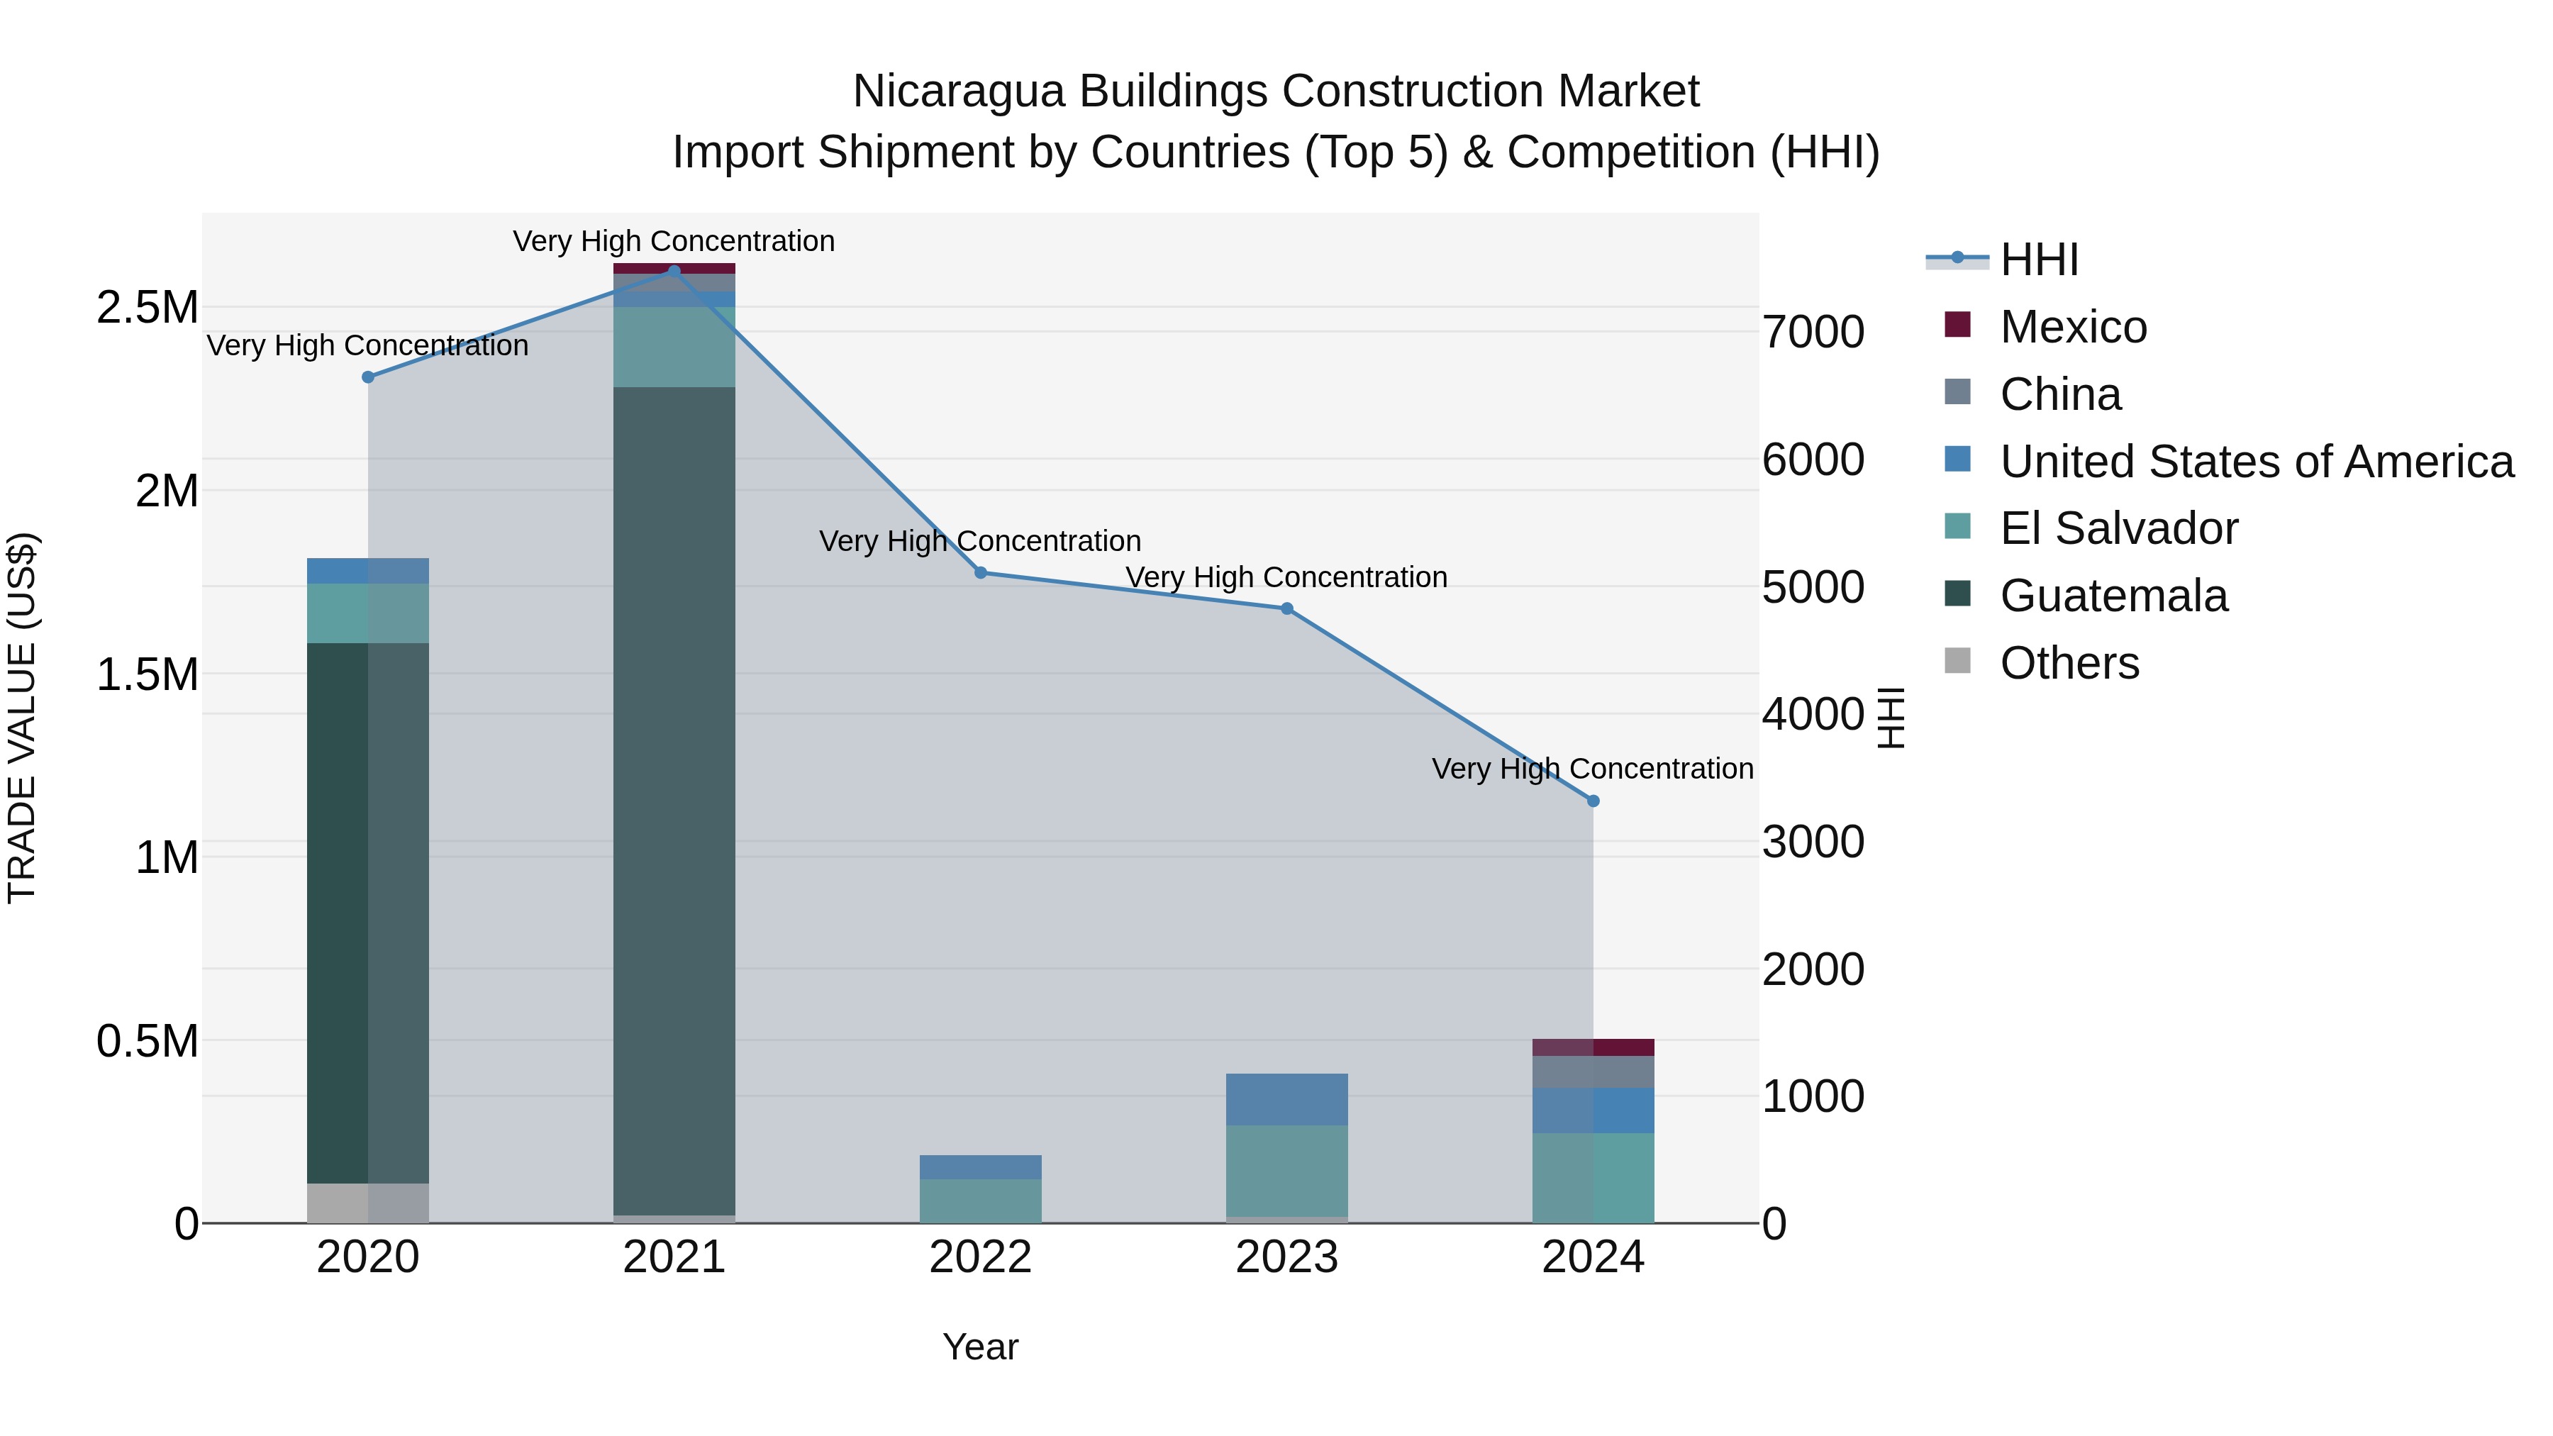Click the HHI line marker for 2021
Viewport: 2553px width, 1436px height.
[674, 271]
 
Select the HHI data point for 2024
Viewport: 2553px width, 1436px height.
[1593, 801]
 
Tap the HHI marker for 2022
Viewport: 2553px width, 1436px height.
[980, 573]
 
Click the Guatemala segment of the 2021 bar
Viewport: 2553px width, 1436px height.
[674, 793]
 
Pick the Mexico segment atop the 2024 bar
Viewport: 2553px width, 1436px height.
[1593, 1047]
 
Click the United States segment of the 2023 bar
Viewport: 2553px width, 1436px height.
[1286, 1099]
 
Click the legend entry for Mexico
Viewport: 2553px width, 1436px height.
[2074, 327]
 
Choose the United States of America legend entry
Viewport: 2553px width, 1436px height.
[2257, 462]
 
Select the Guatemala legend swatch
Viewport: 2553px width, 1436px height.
[1957, 595]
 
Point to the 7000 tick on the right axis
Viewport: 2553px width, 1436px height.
[1813, 332]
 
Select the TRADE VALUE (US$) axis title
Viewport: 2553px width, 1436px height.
[22, 718]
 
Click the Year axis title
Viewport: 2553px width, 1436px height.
[980, 1347]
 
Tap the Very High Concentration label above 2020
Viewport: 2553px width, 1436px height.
[367, 346]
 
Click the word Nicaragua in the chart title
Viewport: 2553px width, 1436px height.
[958, 91]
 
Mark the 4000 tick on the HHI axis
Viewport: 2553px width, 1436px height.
[1813, 715]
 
